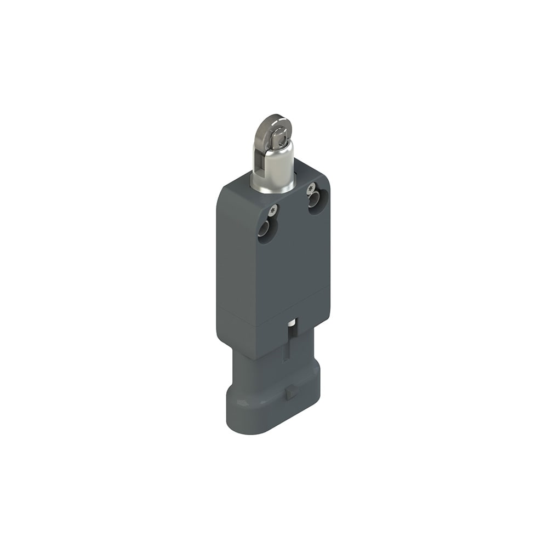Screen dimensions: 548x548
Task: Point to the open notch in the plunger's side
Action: (260, 159)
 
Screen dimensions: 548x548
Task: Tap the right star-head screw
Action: (311, 189)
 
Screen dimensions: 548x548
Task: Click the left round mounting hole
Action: (267, 229)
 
